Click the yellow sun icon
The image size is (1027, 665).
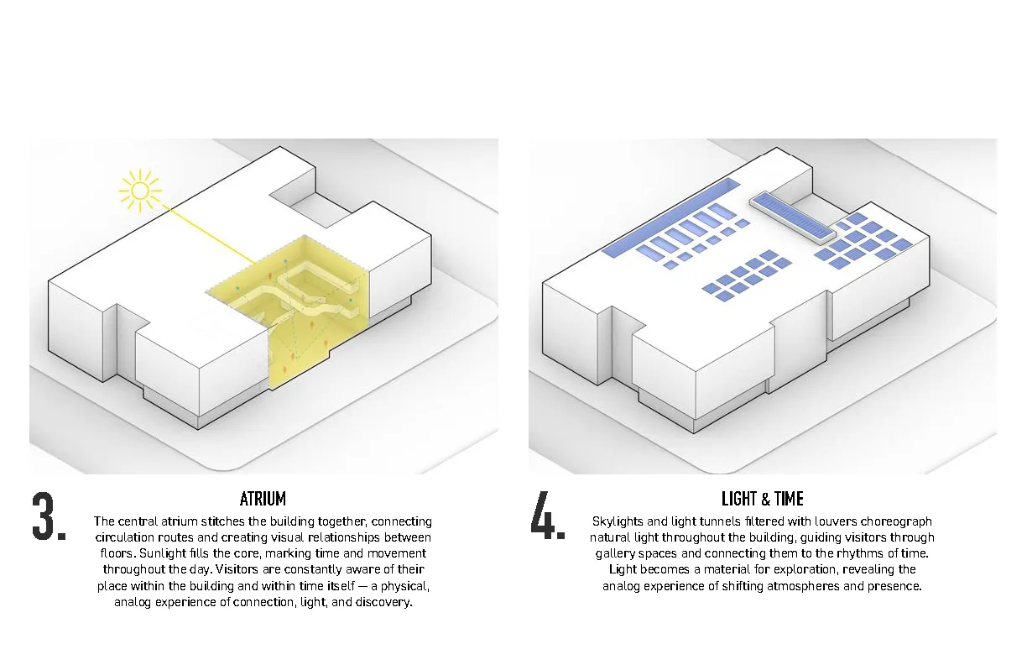pyautogui.click(x=140, y=191)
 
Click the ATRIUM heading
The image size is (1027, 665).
pyautogui.click(x=263, y=499)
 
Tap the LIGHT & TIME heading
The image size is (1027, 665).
pyautogui.click(x=763, y=499)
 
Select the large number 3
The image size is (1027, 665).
pyautogui.click(x=44, y=516)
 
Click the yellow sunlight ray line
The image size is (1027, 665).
pyautogui.click(x=209, y=235)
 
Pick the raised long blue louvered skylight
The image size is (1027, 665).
pyautogui.click(x=793, y=218)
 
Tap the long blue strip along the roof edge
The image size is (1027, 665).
pyautogui.click(x=670, y=218)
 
